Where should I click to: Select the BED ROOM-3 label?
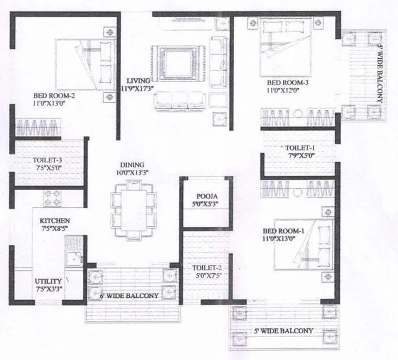(x=287, y=83)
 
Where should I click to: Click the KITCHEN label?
(x=55, y=220)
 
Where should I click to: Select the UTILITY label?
(x=49, y=281)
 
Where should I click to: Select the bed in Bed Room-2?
(x=85, y=65)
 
